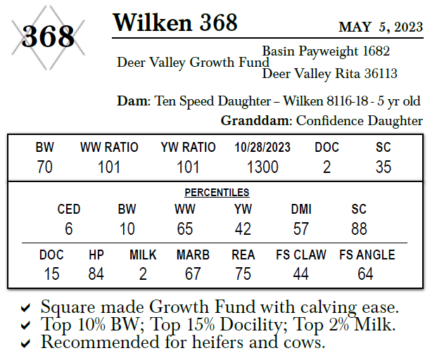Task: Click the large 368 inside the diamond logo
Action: (x=48, y=36)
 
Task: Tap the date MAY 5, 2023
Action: (x=381, y=27)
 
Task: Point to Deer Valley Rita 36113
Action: (x=329, y=74)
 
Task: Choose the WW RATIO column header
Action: (x=109, y=148)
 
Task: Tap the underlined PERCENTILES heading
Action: (x=217, y=192)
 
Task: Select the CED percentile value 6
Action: (x=68, y=229)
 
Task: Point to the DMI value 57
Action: (x=300, y=229)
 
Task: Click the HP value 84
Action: (x=96, y=274)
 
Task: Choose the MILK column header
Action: (x=143, y=255)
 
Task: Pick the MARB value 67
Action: (x=193, y=274)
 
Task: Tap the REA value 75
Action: (x=243, y=274)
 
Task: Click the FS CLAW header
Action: (x=301, y=255)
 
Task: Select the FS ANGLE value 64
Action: (x=366, y=274)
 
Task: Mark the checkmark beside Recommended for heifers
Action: (x=25, y=344)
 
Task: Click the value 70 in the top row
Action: (x=44, y=167)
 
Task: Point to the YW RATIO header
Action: (x=188, y=148)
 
